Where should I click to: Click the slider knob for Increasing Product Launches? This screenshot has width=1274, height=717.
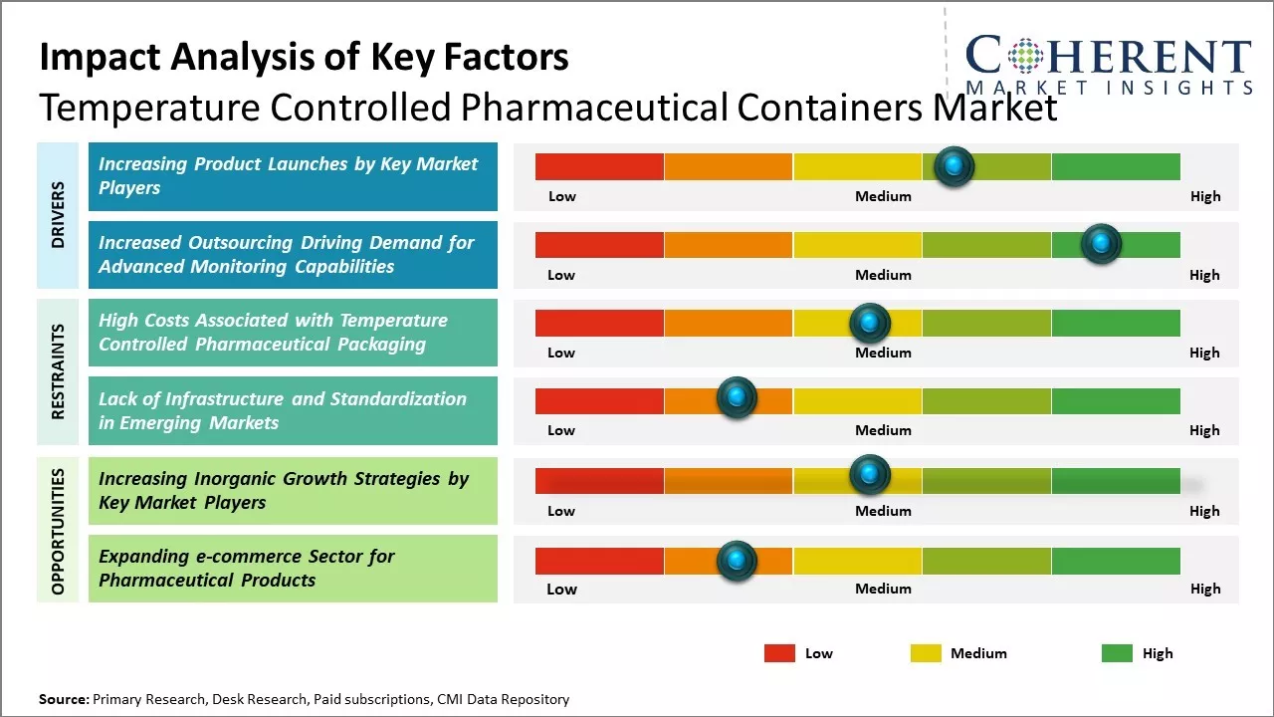coord(955,166)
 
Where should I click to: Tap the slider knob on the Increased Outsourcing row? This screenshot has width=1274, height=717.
coord(1101,244)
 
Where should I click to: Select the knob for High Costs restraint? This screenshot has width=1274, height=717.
coord(870,323)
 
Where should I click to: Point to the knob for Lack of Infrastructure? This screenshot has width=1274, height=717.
coord(737,398)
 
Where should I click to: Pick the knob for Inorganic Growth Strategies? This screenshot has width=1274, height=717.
coord(870,475)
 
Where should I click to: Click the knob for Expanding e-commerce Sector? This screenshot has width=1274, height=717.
coord(737,561)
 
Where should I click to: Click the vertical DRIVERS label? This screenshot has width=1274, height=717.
coord(58,214)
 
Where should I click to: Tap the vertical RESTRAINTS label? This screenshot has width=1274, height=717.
coord(58,370)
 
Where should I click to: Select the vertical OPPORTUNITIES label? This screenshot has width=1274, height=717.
coord(58,531)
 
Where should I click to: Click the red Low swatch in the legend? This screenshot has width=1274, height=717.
coord(779,653)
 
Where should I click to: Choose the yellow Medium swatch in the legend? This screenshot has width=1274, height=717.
coord(926,653)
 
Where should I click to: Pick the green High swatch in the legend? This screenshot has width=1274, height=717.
coord(1117,653)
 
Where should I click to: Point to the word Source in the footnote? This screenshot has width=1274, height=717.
coord(64,699)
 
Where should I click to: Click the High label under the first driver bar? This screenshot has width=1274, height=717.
coord(1204,196)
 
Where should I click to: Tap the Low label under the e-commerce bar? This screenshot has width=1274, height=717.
coord(561,589)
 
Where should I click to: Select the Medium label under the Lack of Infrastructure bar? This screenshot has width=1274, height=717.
coord(883,430)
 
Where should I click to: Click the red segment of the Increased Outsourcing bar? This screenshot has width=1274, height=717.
coord(599,245)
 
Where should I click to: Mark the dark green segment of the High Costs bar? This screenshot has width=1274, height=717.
coord(1115,323)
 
